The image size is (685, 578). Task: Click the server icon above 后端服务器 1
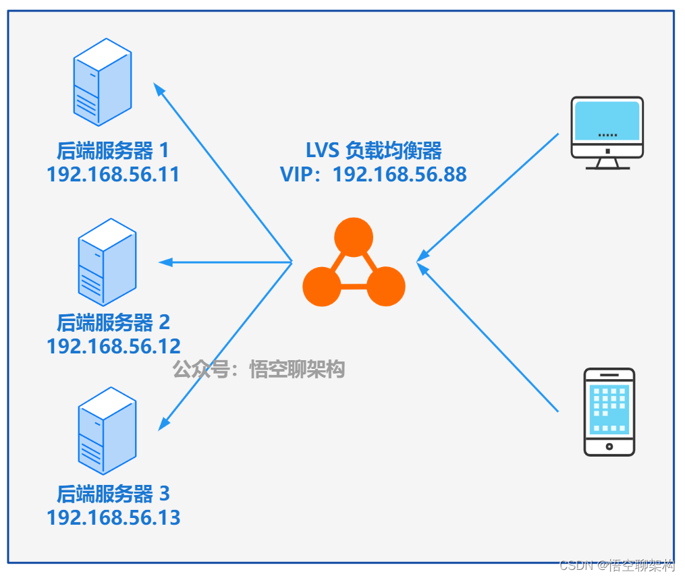(x=103, y=82)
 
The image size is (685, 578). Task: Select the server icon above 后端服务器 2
(x=107, y=262)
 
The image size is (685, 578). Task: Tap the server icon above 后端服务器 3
(x=107, y=430)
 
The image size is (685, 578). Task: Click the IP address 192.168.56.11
(x=113, y=175)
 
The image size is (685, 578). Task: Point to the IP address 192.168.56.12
(x=113, y=347)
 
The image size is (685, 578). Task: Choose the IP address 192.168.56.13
(x=113, y=518)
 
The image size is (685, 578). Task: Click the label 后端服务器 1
(x=113, y=150)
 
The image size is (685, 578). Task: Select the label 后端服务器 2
(x=113, y=322)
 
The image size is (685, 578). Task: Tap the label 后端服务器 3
(x=113, y=494)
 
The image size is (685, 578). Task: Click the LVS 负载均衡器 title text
(x=373, y=150)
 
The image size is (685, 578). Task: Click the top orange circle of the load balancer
(x=354, y=237)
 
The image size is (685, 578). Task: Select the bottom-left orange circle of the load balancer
(x=322, y=287)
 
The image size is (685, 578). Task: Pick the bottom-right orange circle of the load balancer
(x=386, y=287)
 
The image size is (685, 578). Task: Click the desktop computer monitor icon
(x=607, y=133)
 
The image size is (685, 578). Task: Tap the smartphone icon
(x=609, y=412)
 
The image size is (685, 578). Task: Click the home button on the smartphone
(x=609, y=446)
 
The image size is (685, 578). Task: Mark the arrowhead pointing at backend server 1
(x=159, y=90)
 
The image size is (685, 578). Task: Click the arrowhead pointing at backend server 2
(x=165, y=262)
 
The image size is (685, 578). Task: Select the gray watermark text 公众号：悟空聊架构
(x=258, y=370)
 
